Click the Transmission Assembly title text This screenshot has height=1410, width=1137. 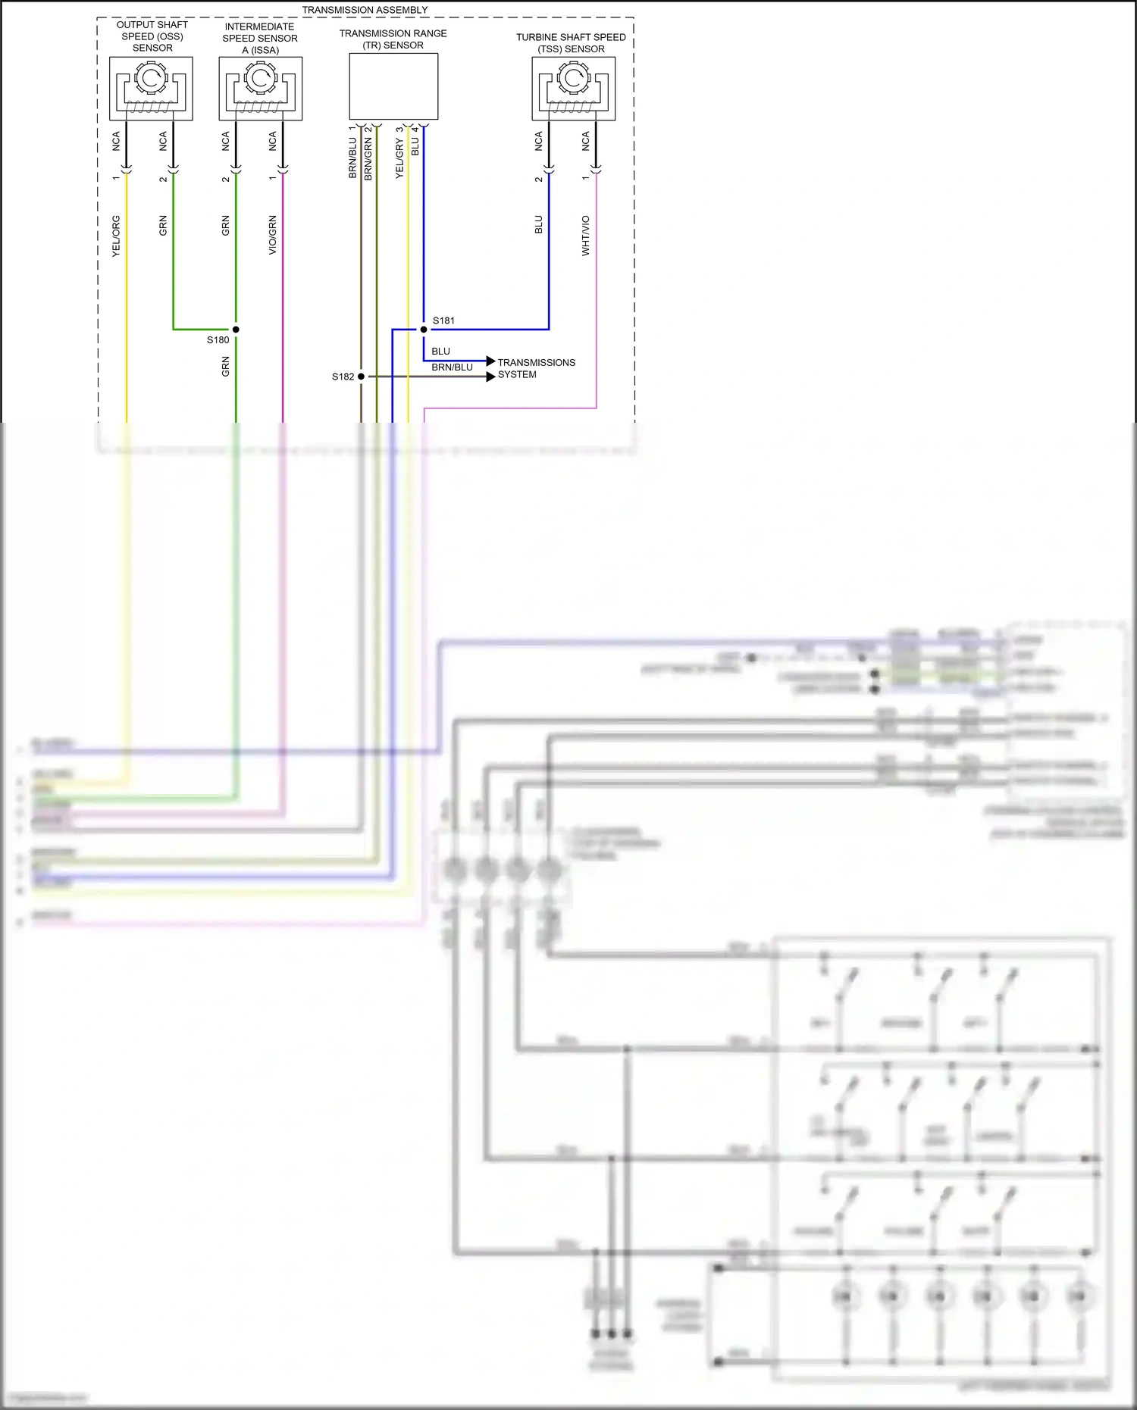point(365,10)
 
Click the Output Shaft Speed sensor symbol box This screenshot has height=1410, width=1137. point(151,88)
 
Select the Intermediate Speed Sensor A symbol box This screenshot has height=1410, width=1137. point(260,88)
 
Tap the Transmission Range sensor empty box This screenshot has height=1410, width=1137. point(393,86)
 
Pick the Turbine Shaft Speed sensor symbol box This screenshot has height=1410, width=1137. point(573,88)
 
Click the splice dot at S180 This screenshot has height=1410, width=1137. point(236,330)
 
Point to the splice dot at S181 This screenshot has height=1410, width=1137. point(424,330)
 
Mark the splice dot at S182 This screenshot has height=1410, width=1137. point(361,377)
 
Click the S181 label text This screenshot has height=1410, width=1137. point(443,320)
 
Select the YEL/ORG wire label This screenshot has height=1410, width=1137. point(116,236)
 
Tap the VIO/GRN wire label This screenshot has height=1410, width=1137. point(272,235)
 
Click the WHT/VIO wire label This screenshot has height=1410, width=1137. point(585,236)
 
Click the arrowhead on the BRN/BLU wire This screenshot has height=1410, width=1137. point(491,377)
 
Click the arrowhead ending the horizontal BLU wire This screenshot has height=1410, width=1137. point(491,361)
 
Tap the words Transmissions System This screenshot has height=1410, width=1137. point(536,368)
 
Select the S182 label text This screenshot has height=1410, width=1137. point(343,377)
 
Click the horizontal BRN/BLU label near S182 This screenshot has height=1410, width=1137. point(452,367)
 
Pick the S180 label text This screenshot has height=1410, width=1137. point(218,340)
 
